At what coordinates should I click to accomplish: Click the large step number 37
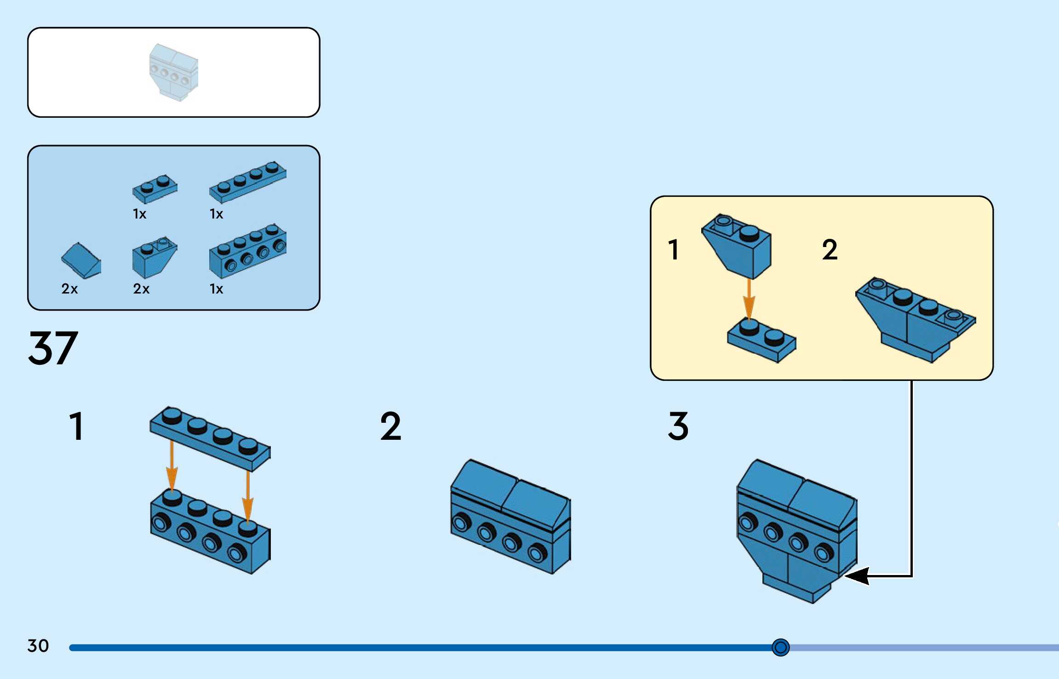(x=53, y=348)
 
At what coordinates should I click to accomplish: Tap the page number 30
(x=38, y=646)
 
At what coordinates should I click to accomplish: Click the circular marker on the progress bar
(x=780, y=647)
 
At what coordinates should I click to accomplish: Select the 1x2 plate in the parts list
(x=155, y=189)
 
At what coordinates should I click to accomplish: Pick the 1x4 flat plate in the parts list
(x=247, y=182)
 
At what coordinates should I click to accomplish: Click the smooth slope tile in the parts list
(x=81, y=261)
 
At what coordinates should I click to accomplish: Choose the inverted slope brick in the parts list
(x=154, y=258)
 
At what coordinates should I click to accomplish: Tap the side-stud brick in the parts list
(x=247, y=252)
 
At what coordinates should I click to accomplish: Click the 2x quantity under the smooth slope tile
(x=69, y=289)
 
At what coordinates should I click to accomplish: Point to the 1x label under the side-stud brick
(x=216, y=289)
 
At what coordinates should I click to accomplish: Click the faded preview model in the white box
(x=173, y=72)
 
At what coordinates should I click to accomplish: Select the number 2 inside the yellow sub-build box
(x=830, y=250)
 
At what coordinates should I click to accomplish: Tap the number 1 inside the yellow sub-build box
(x=673, y=250)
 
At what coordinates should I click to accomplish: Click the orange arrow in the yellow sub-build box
(x=749, y=299)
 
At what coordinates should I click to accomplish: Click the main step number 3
(x=678, y=426)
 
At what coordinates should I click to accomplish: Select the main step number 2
(x=390, y=426)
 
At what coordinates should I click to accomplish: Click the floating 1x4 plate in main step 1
(x=210, y=439)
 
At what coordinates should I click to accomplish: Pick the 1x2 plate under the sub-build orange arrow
(x=761, y=341)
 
